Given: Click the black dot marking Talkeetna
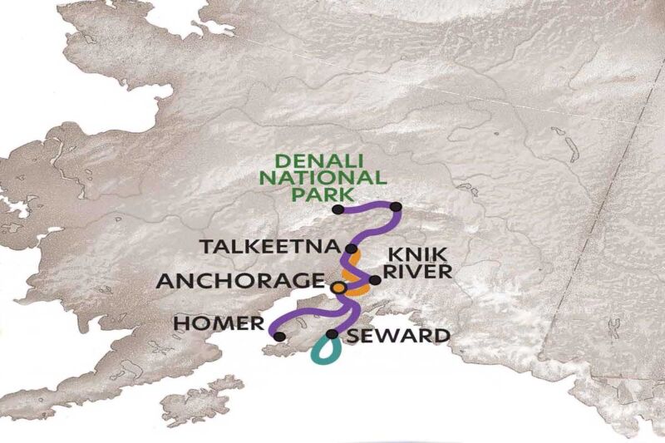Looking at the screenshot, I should pyautogui.click(x=352, y=249).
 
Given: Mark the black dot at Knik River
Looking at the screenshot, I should pyautogui.click(x=375, y=280).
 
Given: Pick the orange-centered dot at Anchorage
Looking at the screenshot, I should pyautogui.click(x=338, y=287).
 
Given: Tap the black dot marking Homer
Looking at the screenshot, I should pyautogui.click(x=279, y=336).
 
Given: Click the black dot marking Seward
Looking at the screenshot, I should pyautogui.click(x=332, y=334).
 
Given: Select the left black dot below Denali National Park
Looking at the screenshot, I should pyautogui.click(x=337, y=209).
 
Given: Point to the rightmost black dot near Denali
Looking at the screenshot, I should pyautogui.click(x=396, y=206).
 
